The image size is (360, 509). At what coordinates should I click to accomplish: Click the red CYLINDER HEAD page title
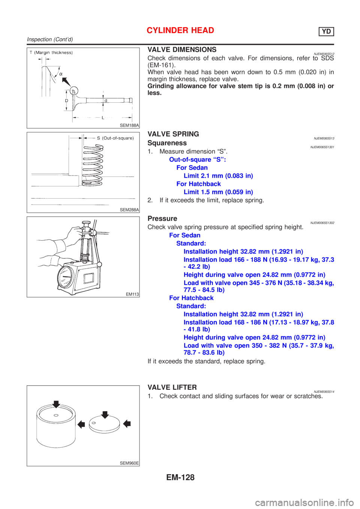pyautogui.click(x=180, y=30)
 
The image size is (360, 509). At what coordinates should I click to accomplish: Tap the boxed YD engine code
pyautogui.click(x=326, y=31)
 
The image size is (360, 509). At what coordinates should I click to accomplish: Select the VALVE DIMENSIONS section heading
pyautogui.click(x=182, y=49)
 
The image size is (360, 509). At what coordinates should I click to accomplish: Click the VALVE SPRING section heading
pyautogui.click(x=173, y=134)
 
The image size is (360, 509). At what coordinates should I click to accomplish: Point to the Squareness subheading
pyautogui.click(x=167, y=143)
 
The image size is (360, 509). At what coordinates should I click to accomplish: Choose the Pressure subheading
pyautogui.click(x=162, y=218)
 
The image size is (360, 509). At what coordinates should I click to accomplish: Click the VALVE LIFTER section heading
pyautogui.click(x=172, y=387)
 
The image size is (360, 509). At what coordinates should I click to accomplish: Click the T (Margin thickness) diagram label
pyautogui.click(x=51, y=53)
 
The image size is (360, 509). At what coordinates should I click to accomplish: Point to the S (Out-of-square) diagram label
pyautogui.click(x=115, y=138)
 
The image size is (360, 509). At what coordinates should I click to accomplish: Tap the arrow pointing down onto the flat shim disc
pyautogui.click(x=105, y=414)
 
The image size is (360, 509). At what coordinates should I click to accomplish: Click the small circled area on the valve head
pyautogui.click(x=73, y=91)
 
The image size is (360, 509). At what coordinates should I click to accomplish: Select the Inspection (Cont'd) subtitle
pyautogui.click(x=50, y=39)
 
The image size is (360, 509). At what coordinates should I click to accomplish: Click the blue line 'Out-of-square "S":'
pyautogui.click(x=198, y=159)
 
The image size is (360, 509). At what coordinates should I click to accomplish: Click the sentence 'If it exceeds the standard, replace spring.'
pyautogui.click(x=206, y=361)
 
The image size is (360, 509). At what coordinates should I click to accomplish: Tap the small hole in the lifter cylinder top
pyautogui.click(x=55, y=415)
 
